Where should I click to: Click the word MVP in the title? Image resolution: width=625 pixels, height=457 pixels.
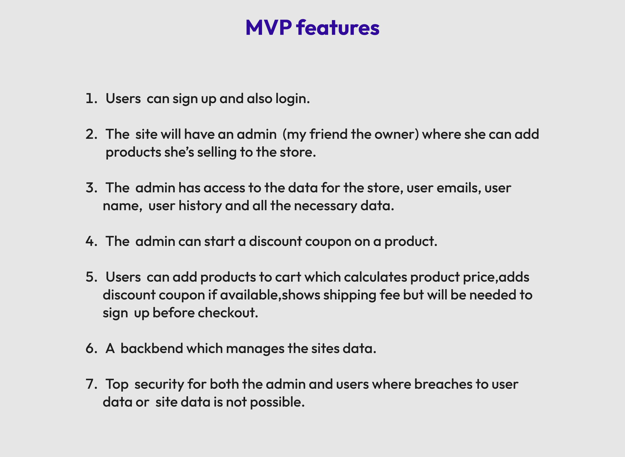pos(268,28)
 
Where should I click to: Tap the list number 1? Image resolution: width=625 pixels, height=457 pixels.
pos(90,99)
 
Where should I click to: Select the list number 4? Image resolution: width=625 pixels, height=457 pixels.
pos(90,241)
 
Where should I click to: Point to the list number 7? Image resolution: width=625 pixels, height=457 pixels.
pos(90,384)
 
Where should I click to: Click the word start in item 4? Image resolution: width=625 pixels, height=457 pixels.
pos(219,241)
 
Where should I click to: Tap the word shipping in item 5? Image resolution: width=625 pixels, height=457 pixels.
pos(349,295)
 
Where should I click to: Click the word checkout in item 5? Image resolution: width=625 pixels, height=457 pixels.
pos(228,313)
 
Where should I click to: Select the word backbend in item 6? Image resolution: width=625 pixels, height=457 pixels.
pos(152,349)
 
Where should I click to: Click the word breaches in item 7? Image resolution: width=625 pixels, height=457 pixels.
pos(443,384)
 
